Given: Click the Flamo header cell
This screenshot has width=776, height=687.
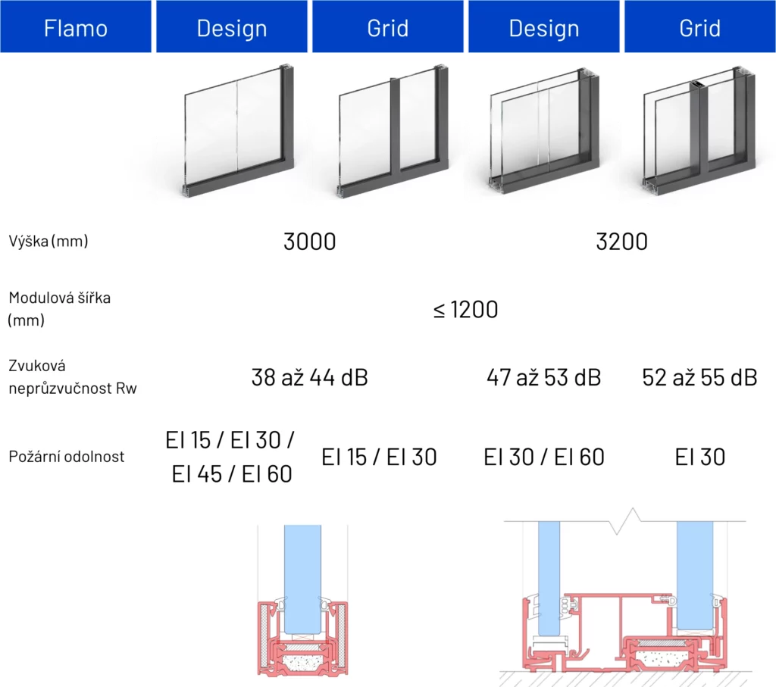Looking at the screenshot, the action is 76,27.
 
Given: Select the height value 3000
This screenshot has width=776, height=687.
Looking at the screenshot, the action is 309,242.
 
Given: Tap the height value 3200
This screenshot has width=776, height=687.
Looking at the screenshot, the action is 621,242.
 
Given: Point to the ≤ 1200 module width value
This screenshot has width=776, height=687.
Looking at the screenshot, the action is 465,310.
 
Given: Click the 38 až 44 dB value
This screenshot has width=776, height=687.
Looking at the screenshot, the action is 309,377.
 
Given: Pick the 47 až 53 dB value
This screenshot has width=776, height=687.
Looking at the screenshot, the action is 543,377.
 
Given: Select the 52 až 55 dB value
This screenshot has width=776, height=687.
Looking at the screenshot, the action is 699,377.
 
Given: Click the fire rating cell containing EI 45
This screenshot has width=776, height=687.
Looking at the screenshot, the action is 230,457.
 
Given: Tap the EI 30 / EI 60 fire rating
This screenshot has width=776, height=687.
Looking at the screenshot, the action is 543,457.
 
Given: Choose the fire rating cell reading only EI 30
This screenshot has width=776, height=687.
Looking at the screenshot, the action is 699,457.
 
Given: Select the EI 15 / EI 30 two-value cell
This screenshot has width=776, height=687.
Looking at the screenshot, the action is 379,457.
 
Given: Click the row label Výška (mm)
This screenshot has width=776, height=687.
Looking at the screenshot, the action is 48,241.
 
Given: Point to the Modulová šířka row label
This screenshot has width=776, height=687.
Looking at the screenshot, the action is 59,309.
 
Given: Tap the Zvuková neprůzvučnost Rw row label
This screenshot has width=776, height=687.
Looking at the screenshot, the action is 72,377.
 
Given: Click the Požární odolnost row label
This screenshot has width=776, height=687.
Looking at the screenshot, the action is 67,456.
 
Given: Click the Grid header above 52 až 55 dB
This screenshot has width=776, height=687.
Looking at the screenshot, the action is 699,27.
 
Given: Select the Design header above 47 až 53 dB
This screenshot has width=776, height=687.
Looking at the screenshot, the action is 544,27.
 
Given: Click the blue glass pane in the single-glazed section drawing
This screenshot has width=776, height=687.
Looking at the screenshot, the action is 302,579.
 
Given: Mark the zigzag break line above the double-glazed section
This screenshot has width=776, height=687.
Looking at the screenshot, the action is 624,521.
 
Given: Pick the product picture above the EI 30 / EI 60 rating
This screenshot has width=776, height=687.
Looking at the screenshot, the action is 544,131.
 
